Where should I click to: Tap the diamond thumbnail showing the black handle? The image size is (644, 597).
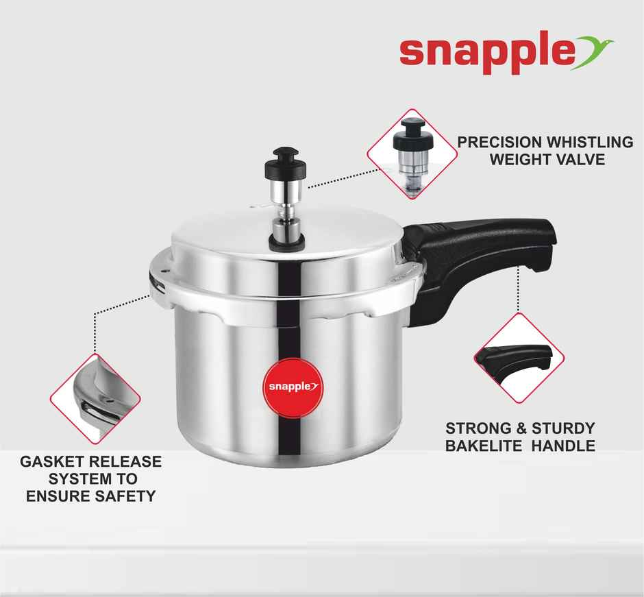[519, 359]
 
